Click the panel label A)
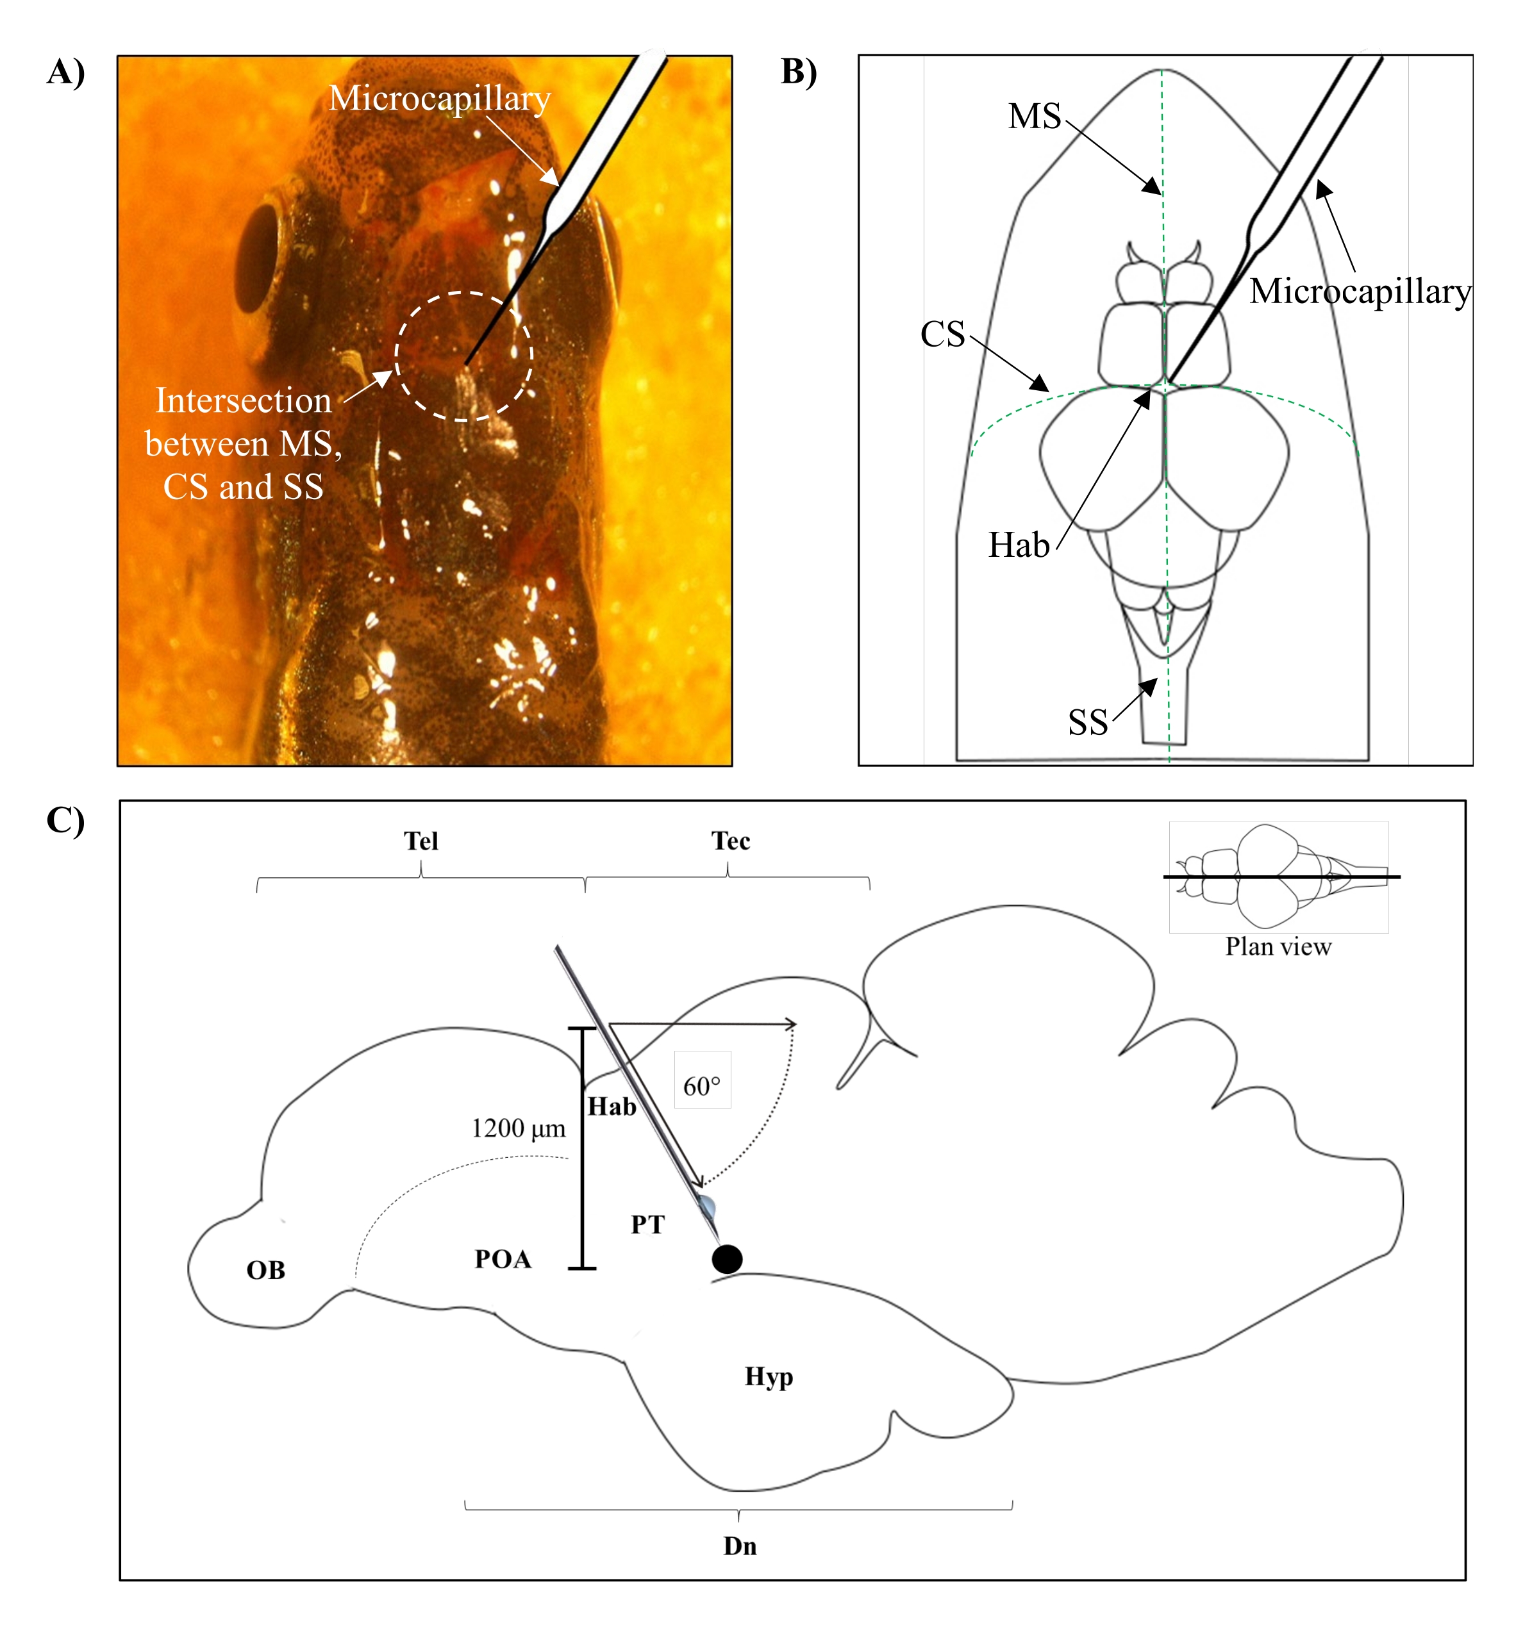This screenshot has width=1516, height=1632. (x=65, y=72)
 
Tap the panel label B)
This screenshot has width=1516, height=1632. (x=798, y=72)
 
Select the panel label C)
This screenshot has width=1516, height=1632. (x=65, y=820)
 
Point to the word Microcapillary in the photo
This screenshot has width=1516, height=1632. (x=440, y=99)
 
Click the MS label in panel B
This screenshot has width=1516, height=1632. (x=1035, y=117)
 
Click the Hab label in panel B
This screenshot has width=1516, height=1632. (x=1019, y=545)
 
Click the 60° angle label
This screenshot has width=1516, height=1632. (x=702, y=1087)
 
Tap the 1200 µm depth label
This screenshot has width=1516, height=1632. (x=519, y=1128)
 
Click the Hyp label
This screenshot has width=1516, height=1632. (x=769, y=1376)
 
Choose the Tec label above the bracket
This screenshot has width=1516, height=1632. (x=730, y=841)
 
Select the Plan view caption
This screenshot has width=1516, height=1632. (x=1278, y=947)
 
